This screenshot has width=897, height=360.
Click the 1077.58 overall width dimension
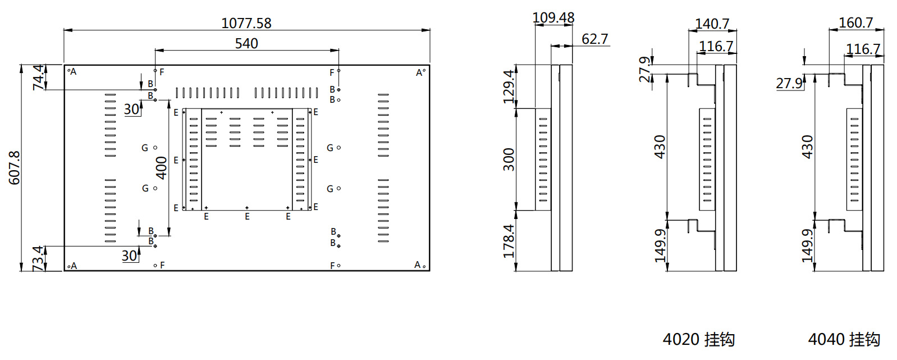tap(246, 23)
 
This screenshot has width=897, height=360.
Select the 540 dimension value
tap(246, 43)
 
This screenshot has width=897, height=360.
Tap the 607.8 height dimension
tap(14, 168)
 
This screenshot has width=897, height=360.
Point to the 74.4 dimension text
tap(38, 78)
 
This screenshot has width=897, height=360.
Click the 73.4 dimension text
tap(38, 259)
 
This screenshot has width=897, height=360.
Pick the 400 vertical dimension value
tap(161, 168)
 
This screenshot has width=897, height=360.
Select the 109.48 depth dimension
tap(553, 17)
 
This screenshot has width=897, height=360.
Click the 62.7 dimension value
tap(594, 39)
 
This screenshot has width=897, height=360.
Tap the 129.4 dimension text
tap(508, 86)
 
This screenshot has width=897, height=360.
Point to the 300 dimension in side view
tap(508, 160)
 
